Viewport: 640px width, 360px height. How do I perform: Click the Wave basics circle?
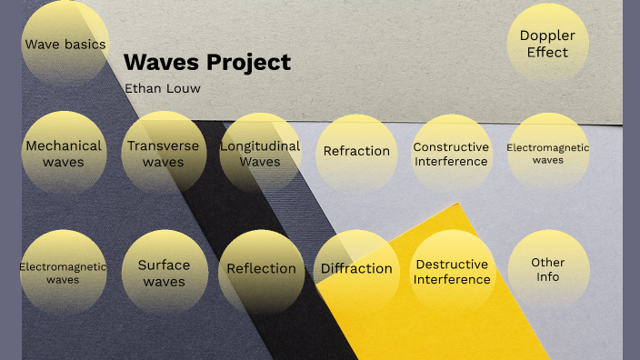point(65,44)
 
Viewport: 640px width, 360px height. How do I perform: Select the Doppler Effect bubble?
point(547,44)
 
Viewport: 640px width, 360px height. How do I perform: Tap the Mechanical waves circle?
point(64,154)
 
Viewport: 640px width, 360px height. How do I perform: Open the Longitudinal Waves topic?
point(260,154)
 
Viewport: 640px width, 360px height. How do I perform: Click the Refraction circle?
point(356,152)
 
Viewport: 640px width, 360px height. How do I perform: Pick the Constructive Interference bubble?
point(451,154)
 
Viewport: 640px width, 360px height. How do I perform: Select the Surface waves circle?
point(164,273)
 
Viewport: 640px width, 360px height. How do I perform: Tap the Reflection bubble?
point(261,269)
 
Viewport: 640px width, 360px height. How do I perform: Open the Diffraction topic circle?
point(356,269)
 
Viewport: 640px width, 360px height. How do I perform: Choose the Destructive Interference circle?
point(452,272)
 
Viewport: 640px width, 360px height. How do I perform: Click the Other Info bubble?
point(547,269)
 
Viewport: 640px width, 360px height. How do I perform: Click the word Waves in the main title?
point(160,63)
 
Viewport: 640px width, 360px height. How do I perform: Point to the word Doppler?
point(547,35)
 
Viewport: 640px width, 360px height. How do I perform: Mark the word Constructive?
point(451,146)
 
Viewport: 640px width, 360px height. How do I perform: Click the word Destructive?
point(452,265)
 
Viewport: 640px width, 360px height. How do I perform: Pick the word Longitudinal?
point(260,145)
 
